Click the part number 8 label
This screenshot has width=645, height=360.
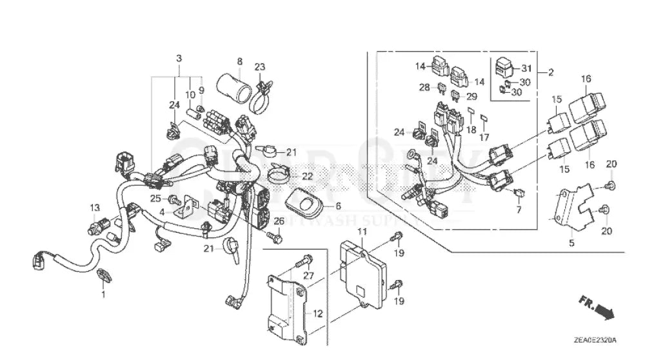(239, 62)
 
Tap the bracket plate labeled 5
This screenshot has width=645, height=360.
(573, 206)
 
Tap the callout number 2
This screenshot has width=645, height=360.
(550, 73)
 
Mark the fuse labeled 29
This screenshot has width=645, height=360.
(456, 96)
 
